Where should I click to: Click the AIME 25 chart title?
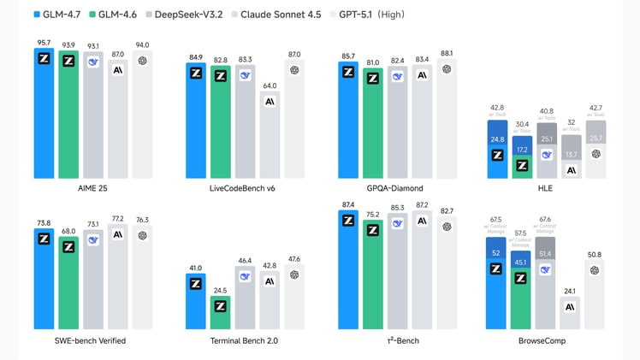click(92, 187)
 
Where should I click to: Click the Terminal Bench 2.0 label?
click(245, 340)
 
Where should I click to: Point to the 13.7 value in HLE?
click(571, 154)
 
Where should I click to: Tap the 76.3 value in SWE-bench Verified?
click(141, 221)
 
